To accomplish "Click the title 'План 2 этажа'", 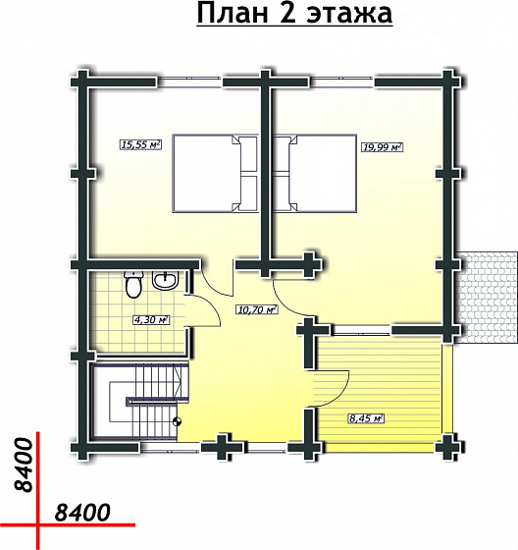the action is [294, 14].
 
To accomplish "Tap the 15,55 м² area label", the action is [140, 144].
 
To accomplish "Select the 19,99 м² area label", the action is [382, 147].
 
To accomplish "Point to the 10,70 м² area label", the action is [258, 309].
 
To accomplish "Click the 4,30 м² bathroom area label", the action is [151, 319].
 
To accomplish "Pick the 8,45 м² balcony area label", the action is [366, 418].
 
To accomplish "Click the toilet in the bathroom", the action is [133, 285].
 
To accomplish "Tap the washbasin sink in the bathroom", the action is [166, 280].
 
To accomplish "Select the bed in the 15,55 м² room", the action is [215, 174].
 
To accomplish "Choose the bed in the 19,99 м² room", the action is [315, 174].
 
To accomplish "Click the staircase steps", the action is [153, 400].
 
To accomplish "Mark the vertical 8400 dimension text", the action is [24, 465].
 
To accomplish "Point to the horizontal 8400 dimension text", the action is [82, 513].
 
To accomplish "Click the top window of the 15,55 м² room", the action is [189, 82].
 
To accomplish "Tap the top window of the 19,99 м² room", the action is [341, 82].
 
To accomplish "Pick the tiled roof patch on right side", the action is [487, 297].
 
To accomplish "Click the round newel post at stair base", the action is [178, 421].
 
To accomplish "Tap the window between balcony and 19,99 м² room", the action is [361, 330].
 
